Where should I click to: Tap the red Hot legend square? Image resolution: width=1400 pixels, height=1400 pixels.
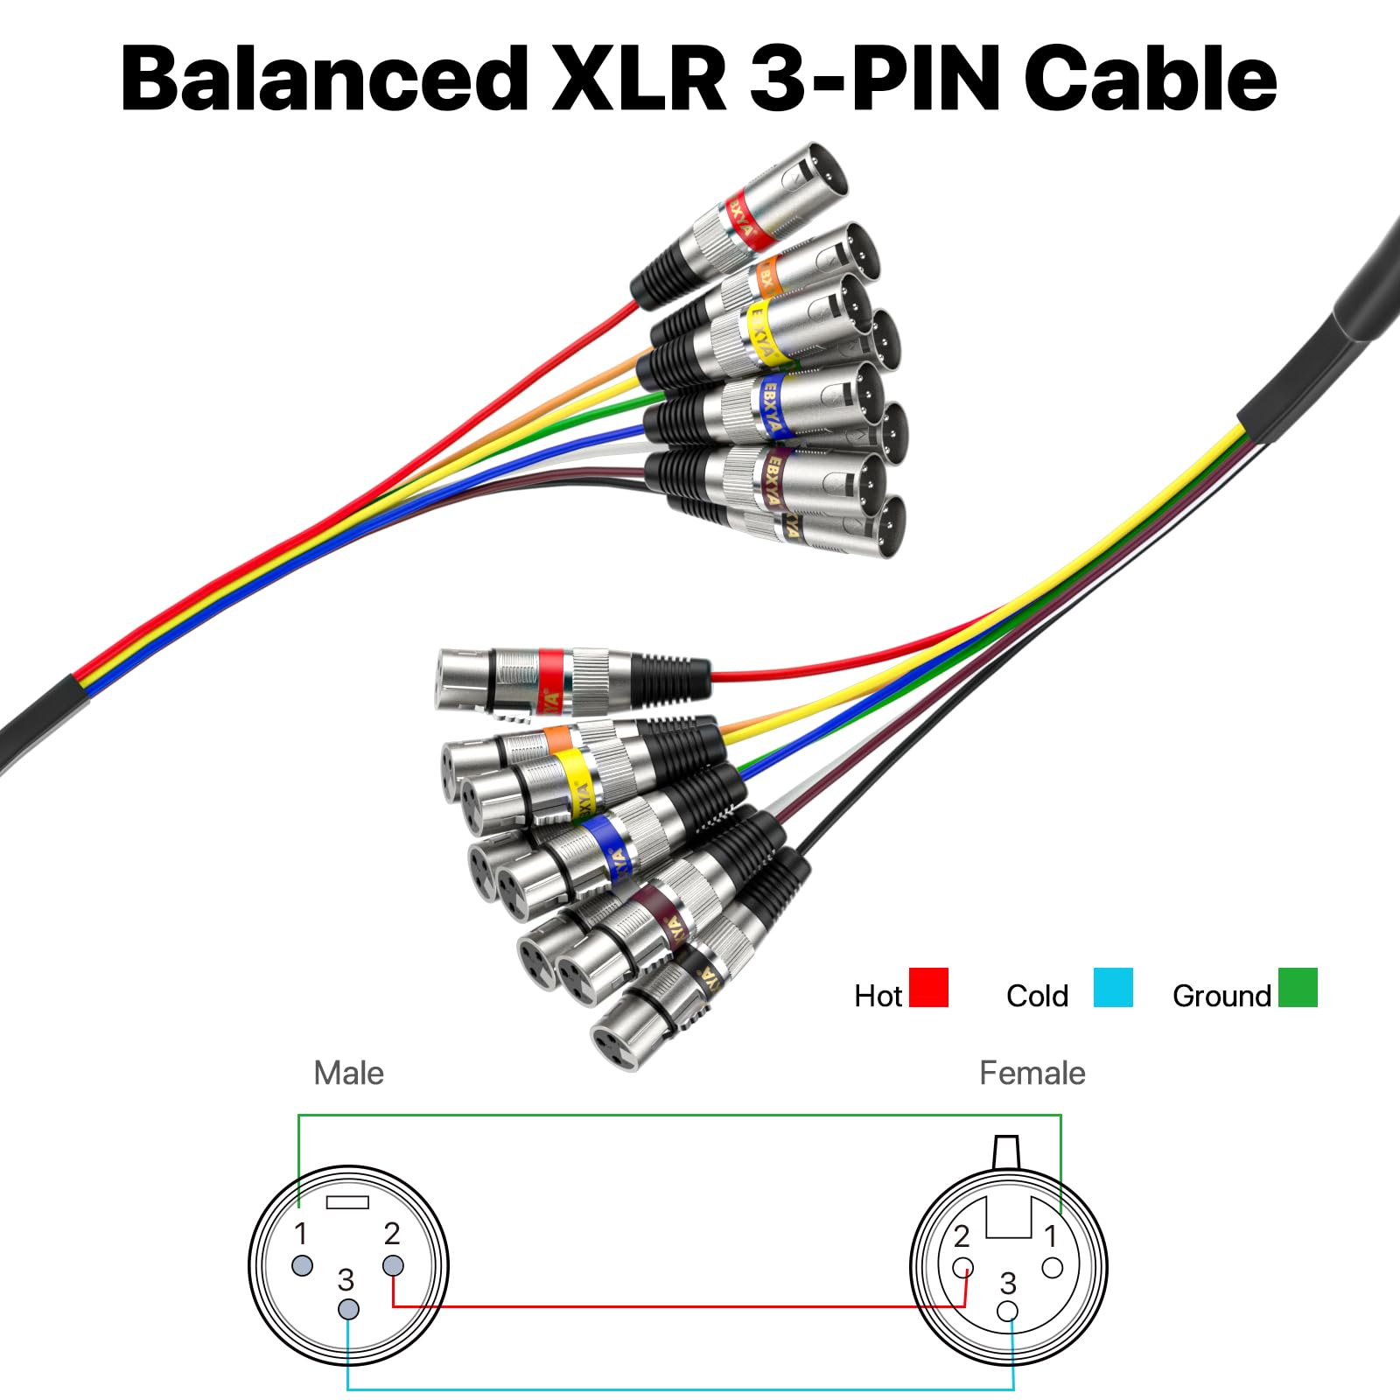pos(928,987)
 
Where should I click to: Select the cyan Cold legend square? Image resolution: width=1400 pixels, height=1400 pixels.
pos(1113,987)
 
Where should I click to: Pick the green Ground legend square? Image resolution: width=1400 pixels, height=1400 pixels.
pos(1298,987)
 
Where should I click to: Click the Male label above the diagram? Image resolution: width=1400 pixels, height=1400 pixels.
pos(348,1073)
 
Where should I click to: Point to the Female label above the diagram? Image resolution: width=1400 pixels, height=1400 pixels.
pos(1032,1073)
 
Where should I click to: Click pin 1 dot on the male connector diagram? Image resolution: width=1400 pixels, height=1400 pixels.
pos(302,1265)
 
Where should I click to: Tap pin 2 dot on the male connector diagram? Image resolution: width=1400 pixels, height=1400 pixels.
pos(393,1265)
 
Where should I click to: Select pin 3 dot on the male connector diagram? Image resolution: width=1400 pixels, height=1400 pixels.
pos(348,1310)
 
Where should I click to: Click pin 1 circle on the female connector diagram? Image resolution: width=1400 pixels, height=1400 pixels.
pos(1053,1267)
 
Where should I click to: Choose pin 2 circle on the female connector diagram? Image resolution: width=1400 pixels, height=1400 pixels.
pos(963,1267)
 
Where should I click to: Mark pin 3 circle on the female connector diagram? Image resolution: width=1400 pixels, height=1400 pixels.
pos(1008,1311)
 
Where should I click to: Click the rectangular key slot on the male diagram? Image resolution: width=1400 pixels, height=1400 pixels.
pos(347,1202)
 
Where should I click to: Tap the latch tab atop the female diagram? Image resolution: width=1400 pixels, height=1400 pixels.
pos(1007,1150)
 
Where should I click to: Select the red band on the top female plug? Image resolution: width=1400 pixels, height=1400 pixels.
pos(550,672)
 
